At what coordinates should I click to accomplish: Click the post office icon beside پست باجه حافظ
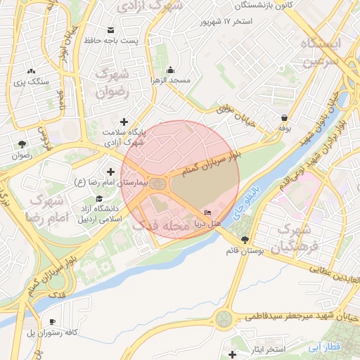click(x=110, y=30)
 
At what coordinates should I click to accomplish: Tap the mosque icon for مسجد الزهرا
click(x=170, y=70)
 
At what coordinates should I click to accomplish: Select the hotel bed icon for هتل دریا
click(x=207, y=212)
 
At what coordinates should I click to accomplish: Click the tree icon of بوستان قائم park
click(x=244, y=240)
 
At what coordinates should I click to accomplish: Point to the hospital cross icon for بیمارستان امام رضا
click(x=110, y=172)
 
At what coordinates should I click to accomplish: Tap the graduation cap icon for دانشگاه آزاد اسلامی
click(x=99, y=199)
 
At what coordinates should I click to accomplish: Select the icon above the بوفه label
click(x=284, y=118)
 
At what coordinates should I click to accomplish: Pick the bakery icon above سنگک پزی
click(x=30, y=71)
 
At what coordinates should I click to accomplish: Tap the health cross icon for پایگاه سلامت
click(x=124, y=122)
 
